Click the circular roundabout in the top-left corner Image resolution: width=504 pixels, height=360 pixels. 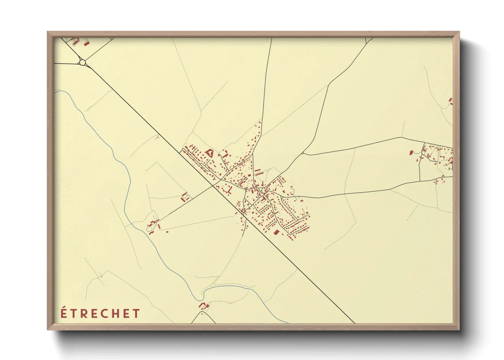tap(82, 62)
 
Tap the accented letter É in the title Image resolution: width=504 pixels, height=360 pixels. tap(64, 313)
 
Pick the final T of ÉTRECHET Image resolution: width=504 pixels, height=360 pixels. tap(137, 313)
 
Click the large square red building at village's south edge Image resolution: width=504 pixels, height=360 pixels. tap(277, 232)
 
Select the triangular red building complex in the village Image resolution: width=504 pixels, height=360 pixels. tap(209, 152)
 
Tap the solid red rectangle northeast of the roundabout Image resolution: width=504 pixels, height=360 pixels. tap(86, 44)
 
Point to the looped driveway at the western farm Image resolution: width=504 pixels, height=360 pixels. tap(150, 229)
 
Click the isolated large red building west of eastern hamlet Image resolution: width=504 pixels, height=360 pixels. tap(411, 152)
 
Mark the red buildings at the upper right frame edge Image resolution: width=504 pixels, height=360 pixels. tap(451, 101)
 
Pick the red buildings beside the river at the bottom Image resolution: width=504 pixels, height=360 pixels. tap(204, 305)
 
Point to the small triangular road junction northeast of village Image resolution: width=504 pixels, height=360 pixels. tap(302, 153)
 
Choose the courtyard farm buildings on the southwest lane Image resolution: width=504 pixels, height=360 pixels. tap(185, 197)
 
